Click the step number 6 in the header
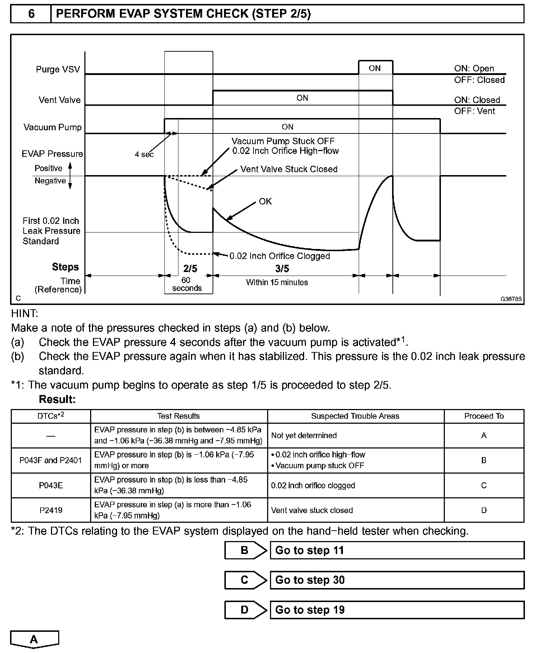coord(31,14)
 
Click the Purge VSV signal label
coord(58,69)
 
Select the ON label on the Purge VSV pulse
coord(375,68)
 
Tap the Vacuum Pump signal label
coord(52,127)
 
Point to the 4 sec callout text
coord(144,154)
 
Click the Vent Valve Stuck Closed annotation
coord(289,169)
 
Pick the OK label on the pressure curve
coord(265,202)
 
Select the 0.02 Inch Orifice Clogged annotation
coord(279,256)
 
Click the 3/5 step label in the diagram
coord(282,268)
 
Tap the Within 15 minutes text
coord(277,282)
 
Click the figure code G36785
coord(511,299)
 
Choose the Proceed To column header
coord(484,416)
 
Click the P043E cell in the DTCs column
coord(51,485)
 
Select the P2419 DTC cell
coord(51,510)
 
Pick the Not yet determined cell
coord(304,436)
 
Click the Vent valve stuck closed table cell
coord(312,510)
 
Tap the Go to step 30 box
coord(397,580)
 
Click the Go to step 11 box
coord(397,550)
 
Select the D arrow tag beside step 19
coord(245,610)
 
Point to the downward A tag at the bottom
coord(34,640)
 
